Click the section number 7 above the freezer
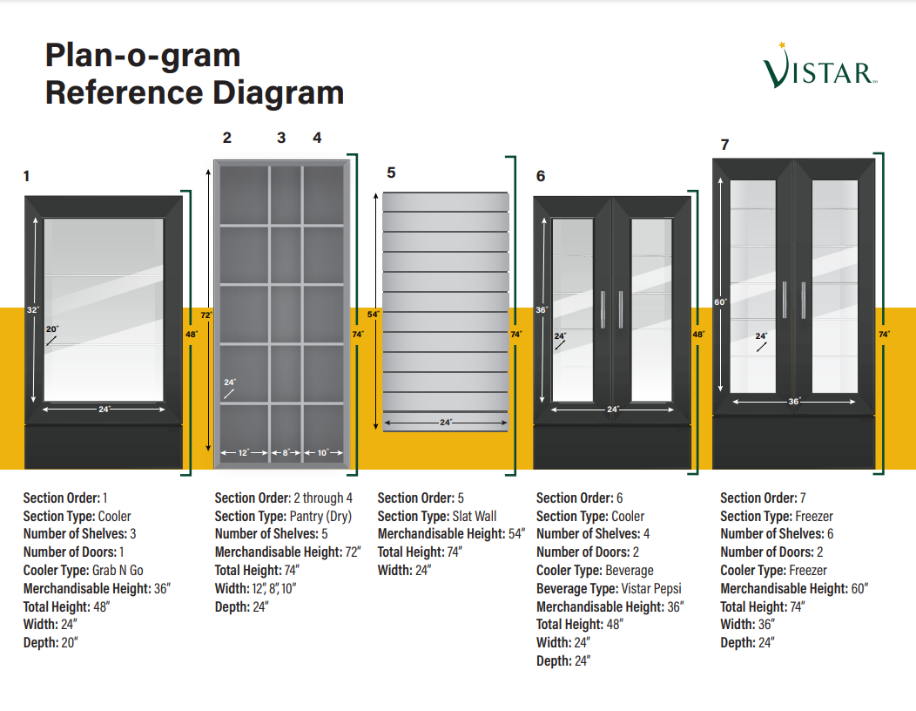point(724,145)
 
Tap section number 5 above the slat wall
point(392,173)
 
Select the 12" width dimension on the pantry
point(244,453)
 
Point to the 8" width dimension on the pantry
point(286,453)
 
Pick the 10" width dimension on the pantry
point(323,453)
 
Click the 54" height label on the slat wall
point(374,314)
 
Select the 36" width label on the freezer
point(793,402)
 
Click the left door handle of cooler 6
point(602,309)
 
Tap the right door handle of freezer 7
point(803,301)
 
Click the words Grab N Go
point(118,571)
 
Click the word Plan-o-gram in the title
point(143,56)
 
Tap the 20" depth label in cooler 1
point(52,329)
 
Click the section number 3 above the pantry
point(281,138)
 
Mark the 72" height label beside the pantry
point(207,314)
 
